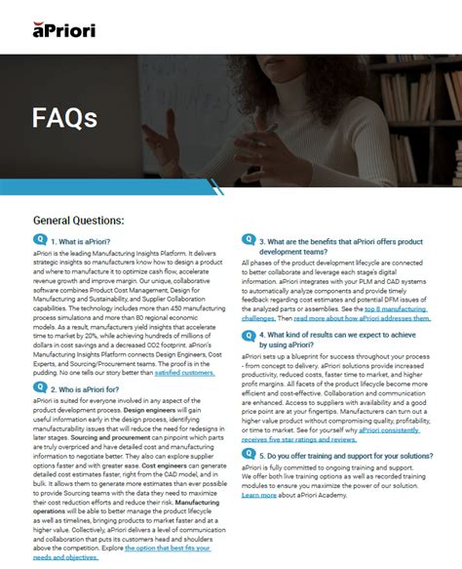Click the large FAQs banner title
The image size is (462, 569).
pos(64,118)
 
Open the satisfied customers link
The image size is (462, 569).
pos(184,372)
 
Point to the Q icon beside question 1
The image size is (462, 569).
pos(40,240)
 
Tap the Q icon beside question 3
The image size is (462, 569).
pos(250,240)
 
